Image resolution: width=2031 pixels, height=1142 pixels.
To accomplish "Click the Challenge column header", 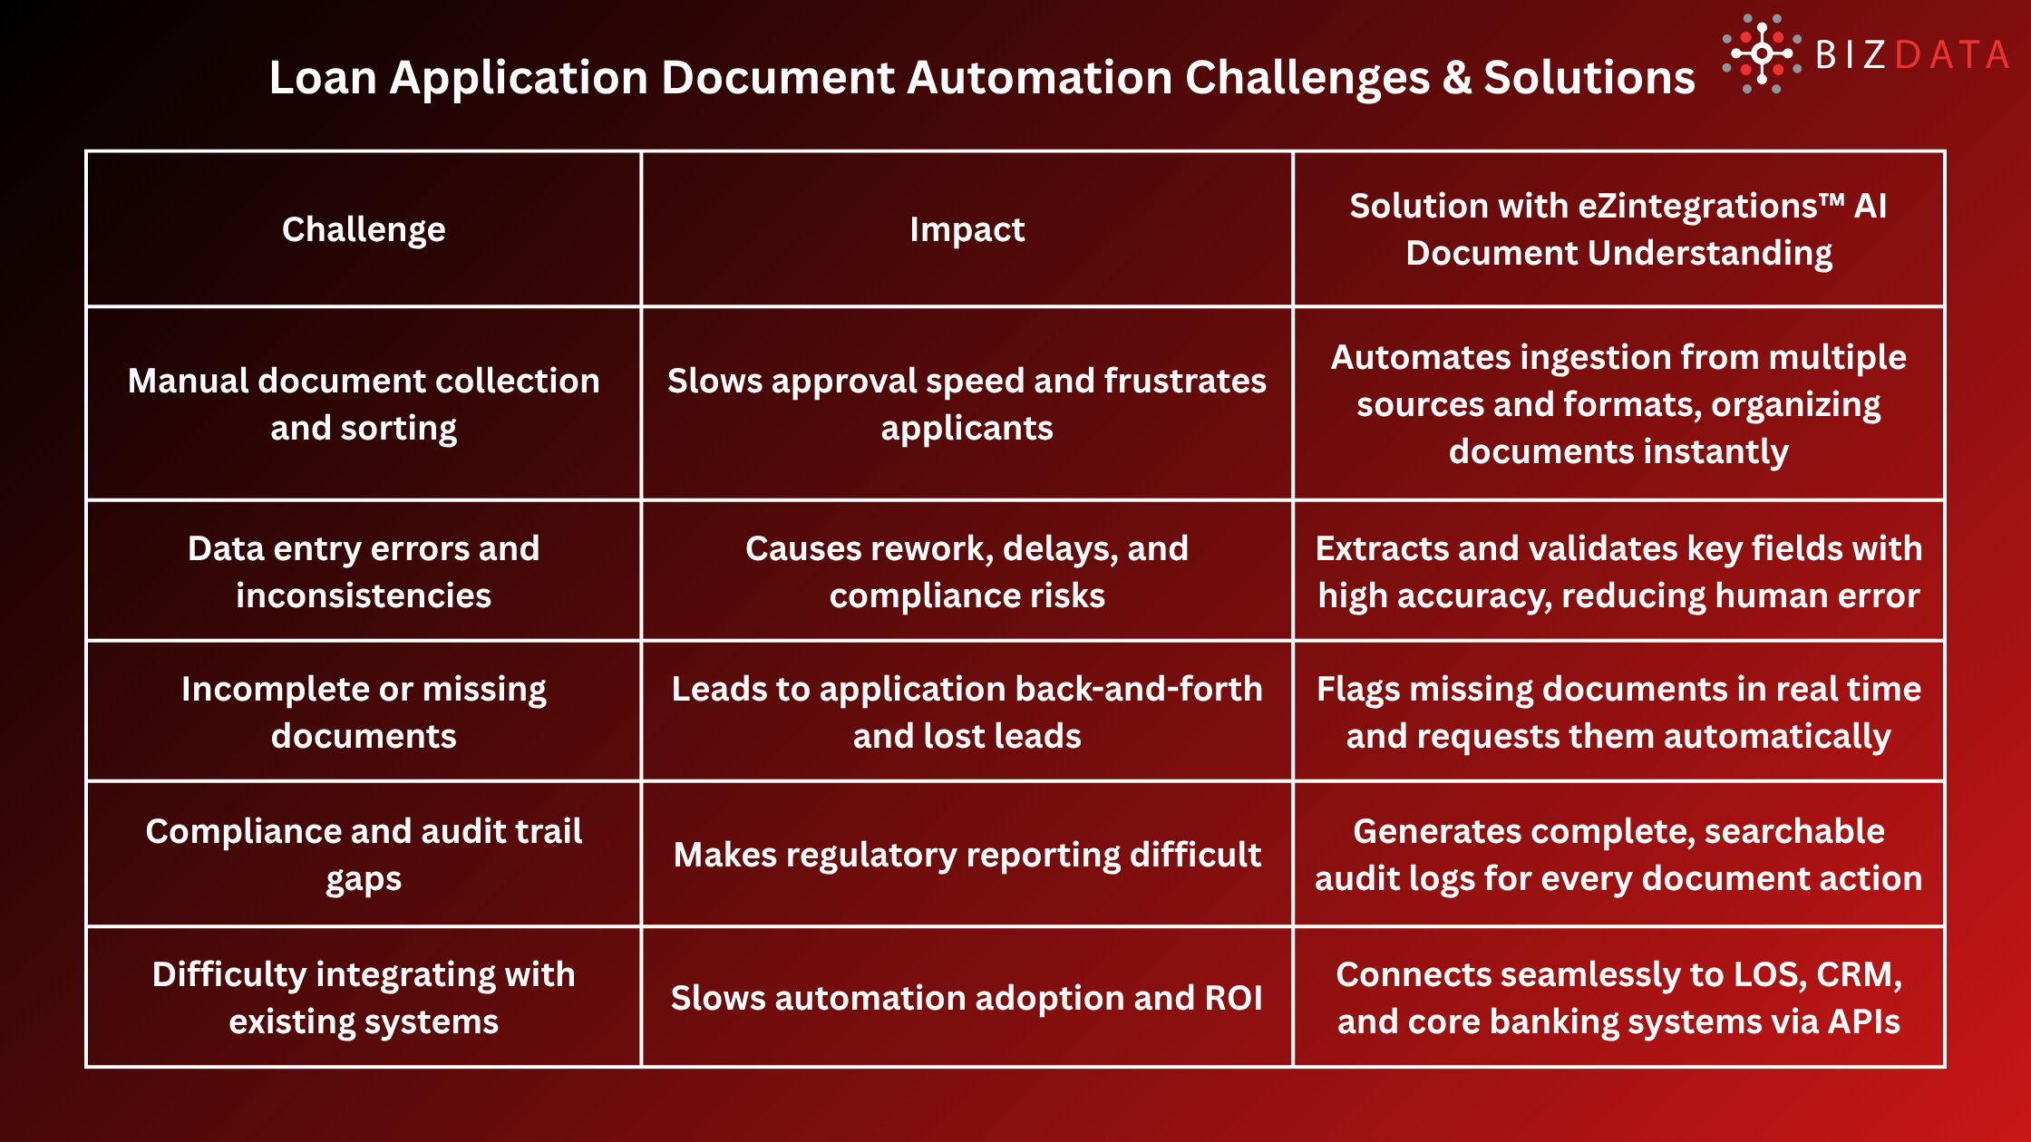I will coord(364,229).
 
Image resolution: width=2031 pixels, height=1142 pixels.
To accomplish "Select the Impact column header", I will coord(967,229).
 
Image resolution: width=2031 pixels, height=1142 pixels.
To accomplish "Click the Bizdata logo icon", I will coord(1761,54).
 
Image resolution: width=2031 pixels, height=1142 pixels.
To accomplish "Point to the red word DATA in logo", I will coord(1952,56).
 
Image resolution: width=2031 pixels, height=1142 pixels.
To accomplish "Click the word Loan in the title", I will coord(323,78).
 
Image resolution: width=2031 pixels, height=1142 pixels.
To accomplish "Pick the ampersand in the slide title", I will coord(1456,78).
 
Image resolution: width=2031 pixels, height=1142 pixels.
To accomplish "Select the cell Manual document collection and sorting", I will coord(364,404).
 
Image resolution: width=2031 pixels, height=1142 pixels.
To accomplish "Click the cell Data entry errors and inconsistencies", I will coord(364,572).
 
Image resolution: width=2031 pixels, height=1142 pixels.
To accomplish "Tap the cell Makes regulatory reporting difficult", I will coord(967,855).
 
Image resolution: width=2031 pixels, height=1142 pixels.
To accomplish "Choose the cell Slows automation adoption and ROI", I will coord(967,998).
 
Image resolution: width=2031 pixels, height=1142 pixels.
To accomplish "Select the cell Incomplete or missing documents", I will coord(364,712).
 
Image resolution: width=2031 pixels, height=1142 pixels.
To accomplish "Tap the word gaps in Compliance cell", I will coord(364,879).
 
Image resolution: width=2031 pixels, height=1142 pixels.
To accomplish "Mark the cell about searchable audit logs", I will coord(1618,855).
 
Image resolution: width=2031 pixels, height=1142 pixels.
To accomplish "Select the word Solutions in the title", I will coord(1589,78).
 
